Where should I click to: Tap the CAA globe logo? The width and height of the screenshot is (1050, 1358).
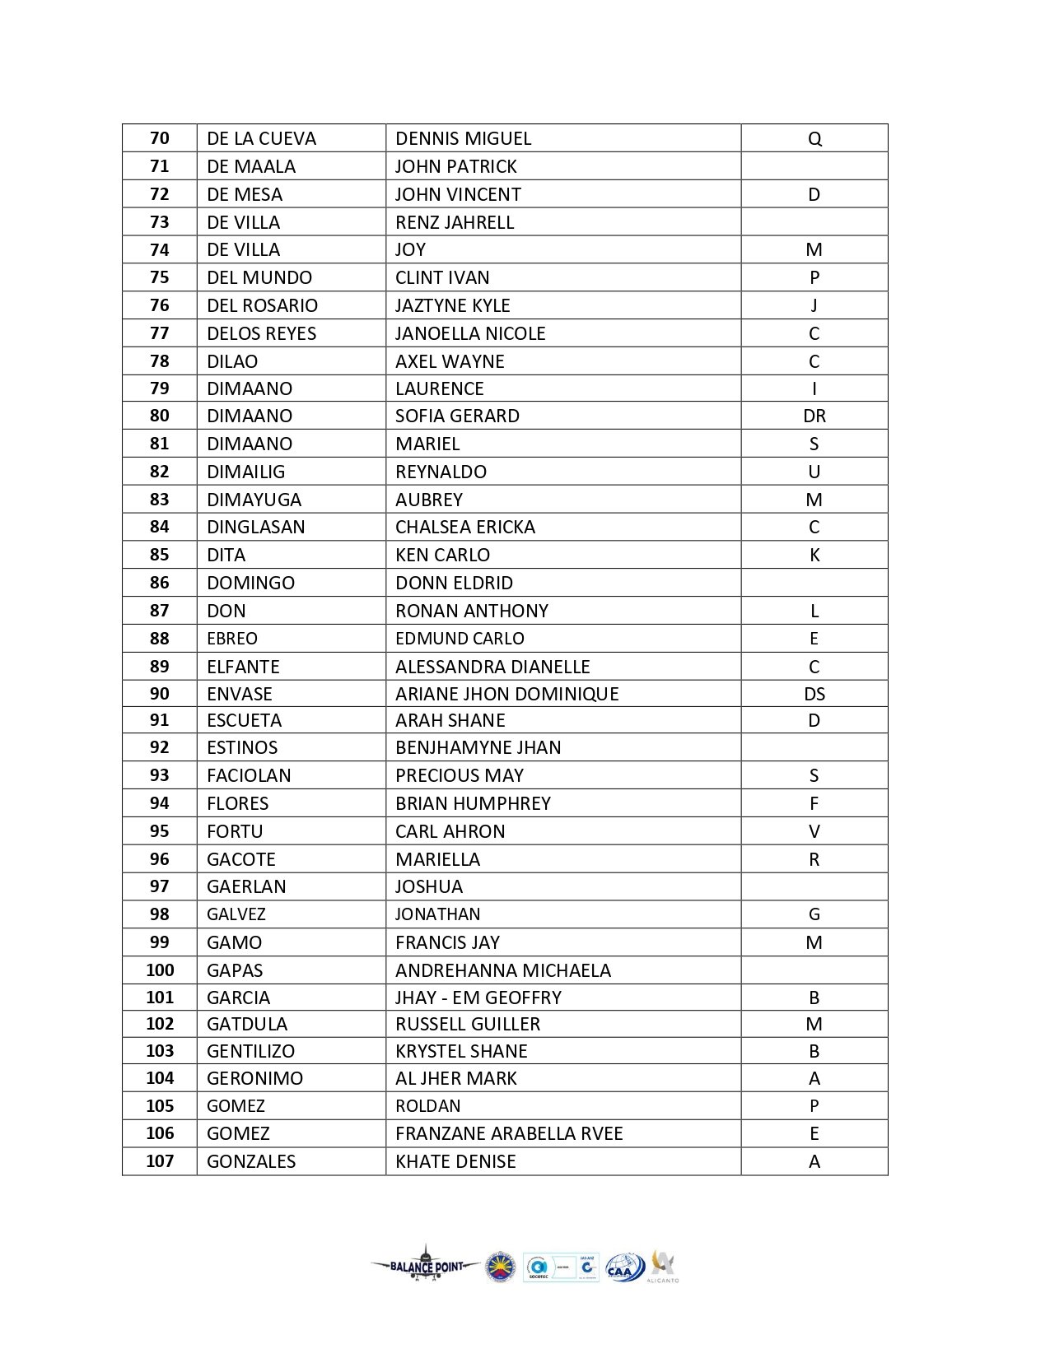pos(625,1267)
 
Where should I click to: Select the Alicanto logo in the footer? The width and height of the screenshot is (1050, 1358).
pos(663,1266)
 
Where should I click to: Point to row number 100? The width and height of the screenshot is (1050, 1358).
pos(160,970)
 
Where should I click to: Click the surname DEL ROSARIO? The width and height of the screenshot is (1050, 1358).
pos(262,305)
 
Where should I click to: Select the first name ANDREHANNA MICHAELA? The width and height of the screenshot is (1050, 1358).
pos(503,970)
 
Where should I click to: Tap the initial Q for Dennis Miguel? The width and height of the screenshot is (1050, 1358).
pos(814,138)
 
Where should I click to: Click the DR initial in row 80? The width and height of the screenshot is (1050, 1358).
pos(814,416)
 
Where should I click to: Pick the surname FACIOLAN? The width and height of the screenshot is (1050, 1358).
pos(249,775)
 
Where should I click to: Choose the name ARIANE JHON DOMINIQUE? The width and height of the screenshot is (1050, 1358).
pos(506,694)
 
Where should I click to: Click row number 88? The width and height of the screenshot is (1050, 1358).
pos(160,638)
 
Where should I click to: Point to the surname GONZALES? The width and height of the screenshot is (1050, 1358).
pos(251,1161)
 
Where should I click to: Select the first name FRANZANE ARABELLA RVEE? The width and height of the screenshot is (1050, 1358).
pos(509,1133)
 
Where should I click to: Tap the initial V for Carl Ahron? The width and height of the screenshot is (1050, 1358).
pos(814,831)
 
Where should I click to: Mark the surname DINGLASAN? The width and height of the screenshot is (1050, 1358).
pos(255,527)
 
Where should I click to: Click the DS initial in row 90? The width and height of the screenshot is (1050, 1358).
pos(814,694)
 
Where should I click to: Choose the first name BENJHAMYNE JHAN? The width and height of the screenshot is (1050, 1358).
pos(478,747)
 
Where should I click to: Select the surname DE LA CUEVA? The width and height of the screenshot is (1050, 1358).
pos(261,138)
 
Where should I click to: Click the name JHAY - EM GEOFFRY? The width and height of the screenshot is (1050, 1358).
pos(478,998)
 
